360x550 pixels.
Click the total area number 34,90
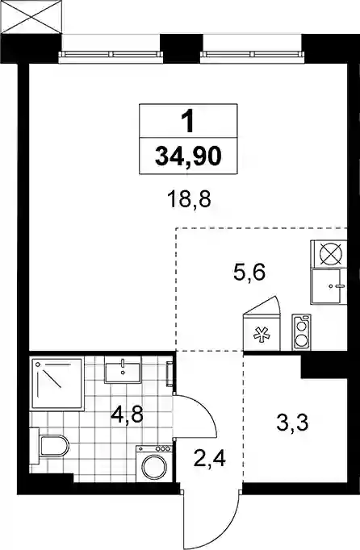coord(188,156)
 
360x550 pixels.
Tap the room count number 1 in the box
coord(189,121)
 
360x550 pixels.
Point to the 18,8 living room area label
coord(190,199)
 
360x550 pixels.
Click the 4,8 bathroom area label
coord(127,415)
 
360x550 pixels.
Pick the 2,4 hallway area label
coord(210,458)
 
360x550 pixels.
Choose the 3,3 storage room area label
coord(292,423)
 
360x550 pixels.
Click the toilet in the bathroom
coord(49,446)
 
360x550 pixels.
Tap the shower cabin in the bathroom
coord(57,383)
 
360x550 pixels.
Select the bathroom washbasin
coord(123,370)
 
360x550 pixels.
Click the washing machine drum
coord(154,467)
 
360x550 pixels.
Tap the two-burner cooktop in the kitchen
coord(302,331)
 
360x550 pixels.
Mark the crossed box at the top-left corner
coord(31,16)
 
